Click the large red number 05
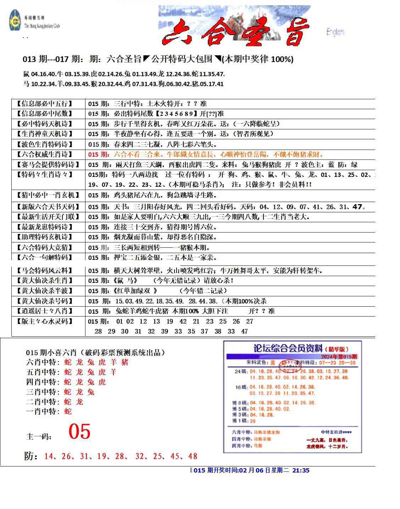click(x=79, y=432)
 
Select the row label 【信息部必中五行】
click(x=44, y=104)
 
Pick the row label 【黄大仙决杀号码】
click(x=44, y=301)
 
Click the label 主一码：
click(x=39, y=437)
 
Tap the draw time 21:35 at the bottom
click(x=301, y=470)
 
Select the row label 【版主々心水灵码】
click(x=44, y=321)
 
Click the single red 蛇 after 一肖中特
click(x=68, y=412)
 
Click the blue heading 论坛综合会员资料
click(x=288, y=348)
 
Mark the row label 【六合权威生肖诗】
click(x=44, y=155)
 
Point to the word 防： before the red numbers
click(x=31, y=456)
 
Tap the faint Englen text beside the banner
click(x=335, y=32)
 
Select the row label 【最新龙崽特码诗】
click(x=44, y=227)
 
